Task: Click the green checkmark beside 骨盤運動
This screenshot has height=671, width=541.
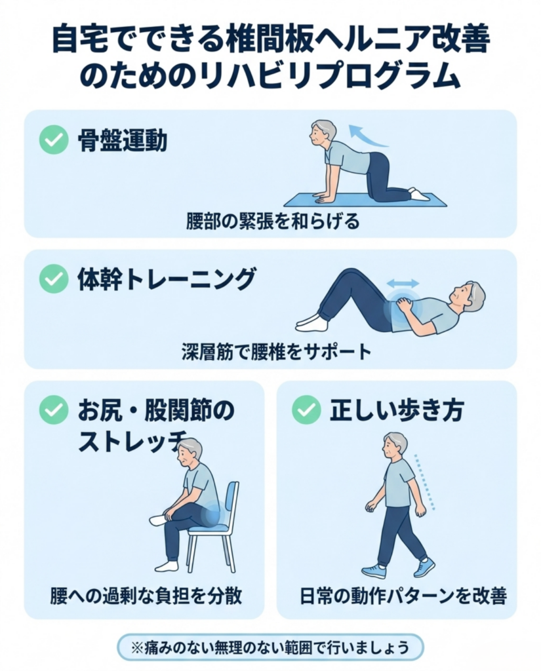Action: pos(54,140)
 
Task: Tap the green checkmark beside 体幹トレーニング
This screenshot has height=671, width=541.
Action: pos(54,279)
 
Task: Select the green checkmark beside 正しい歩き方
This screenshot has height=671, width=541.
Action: pos(306,410)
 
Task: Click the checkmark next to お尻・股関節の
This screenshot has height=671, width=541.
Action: pos(54,410)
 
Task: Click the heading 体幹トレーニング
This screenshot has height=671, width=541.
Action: pos(166,279)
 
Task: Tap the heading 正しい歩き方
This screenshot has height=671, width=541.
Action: pos(397,410)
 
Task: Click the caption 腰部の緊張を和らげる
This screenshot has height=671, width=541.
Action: pos(272,221)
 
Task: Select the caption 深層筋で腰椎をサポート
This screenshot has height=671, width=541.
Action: pos(276,352)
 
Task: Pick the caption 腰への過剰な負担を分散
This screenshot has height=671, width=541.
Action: pos(146,596)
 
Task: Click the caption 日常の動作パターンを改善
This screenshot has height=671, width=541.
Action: pos(403,596)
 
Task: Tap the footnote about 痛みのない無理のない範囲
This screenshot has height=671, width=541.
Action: pos(270,647)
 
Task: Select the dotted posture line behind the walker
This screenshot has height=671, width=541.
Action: pos(424,482)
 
